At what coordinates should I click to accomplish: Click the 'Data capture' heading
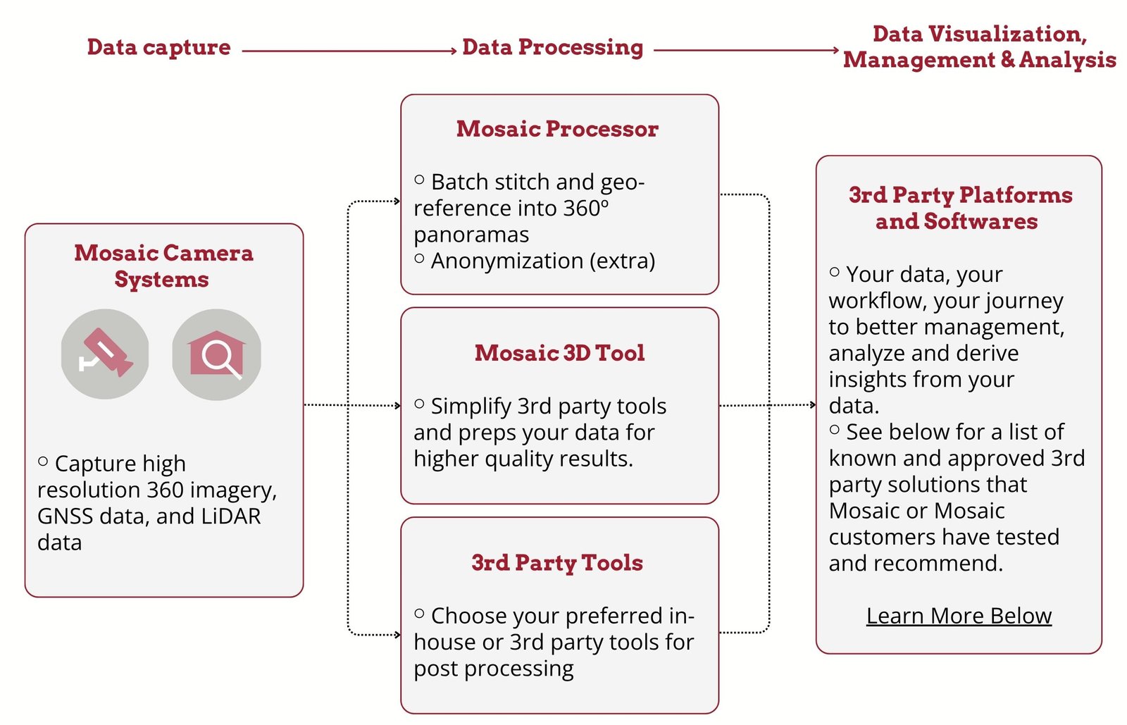158,47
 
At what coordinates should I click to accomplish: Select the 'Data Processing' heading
552,47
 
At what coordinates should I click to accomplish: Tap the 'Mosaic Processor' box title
557,129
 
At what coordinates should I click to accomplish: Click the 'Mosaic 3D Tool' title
559,353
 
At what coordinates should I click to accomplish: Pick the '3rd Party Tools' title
557,563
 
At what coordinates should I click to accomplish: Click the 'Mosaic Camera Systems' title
163,266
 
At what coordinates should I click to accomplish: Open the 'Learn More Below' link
959,616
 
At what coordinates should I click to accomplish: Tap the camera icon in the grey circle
105,354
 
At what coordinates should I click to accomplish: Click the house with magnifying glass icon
217,354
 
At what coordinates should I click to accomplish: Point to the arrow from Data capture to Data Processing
349,51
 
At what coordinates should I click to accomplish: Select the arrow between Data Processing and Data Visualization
746,50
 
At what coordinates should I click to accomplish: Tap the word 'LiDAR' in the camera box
230,516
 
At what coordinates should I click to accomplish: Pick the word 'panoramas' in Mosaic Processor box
471,235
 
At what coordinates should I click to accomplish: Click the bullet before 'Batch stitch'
420,180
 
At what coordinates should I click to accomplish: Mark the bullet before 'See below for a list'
835,430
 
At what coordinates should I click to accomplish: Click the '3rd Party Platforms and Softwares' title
959,208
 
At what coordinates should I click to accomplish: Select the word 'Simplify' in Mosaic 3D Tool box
471,407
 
